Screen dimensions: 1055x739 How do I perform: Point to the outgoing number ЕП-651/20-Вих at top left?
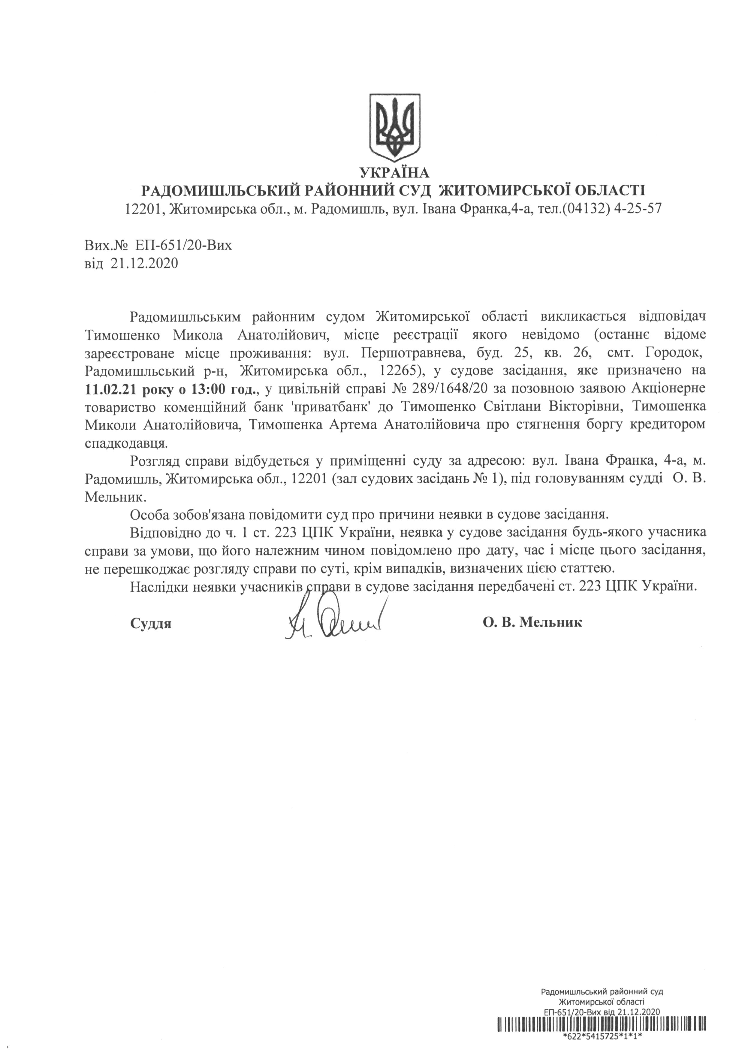[x=184, y=245]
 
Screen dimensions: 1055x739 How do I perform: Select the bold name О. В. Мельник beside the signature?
[x=532, y=623]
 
